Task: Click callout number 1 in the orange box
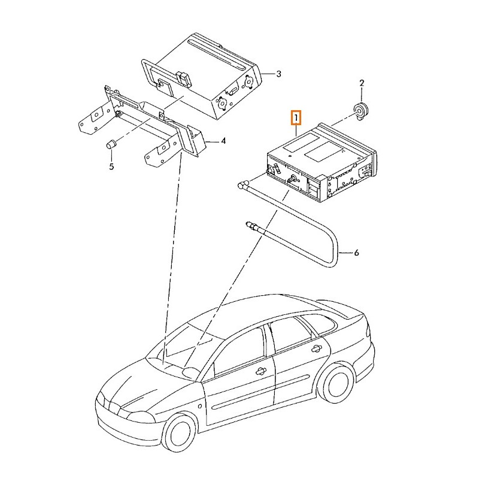[x=296, y=117]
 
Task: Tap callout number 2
[x=362, y=83]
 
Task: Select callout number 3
[x=278, y=74]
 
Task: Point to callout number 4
[x=223, y=141]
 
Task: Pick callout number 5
[x=111, y=166]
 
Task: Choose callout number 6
[x=356, y=253]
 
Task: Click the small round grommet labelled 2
[x=360, y=112]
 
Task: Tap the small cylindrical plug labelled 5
[x=111, y=144]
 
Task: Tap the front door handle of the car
[x=260, y=371]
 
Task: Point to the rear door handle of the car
[x=316, y=348]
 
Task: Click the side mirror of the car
[x=190, y=371]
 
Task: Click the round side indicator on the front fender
[x=200, y=407]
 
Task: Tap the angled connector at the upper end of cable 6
[x=242, y=184]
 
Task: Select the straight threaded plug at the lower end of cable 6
[x=252, y=226]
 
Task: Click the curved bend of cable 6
[x=335, y=250]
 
